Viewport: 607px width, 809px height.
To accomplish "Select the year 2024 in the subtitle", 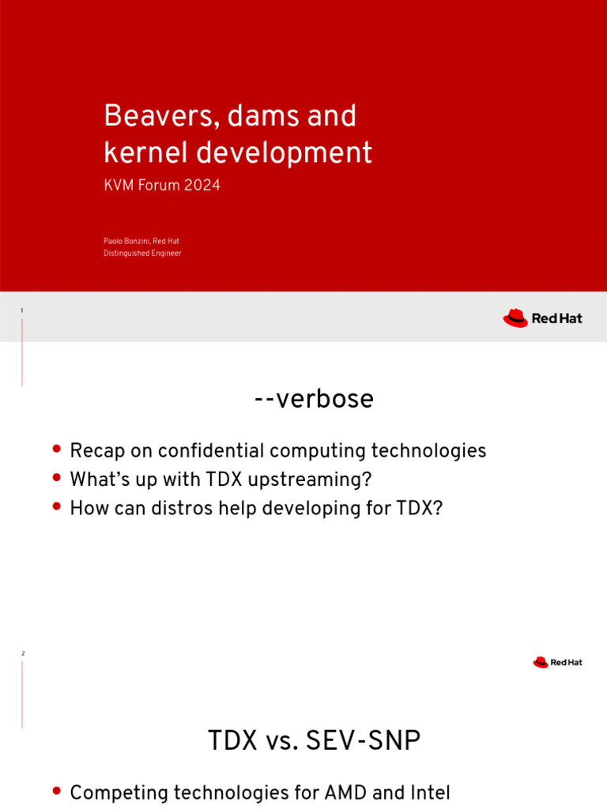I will (x=204, y=186).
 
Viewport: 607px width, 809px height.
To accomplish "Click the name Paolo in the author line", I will (x=115, y=241).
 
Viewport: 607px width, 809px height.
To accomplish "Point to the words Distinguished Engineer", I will (x=142, y=254).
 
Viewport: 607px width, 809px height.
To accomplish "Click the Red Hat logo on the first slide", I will (x=542, y=318).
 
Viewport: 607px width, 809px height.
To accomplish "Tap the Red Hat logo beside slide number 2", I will (x=557, y=662).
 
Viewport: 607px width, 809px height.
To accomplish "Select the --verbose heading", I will (x=314, y=399).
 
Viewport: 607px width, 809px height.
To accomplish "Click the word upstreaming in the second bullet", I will (x=317, y=480).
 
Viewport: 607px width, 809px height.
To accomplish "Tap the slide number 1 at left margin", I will (x=22, y=310).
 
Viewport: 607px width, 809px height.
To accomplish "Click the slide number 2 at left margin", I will (x=22, y=654).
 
